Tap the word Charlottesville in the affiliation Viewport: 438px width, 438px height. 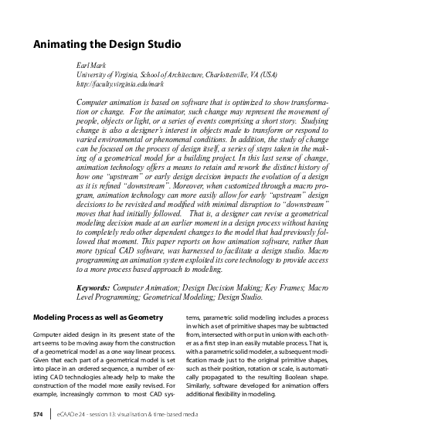[229, 75]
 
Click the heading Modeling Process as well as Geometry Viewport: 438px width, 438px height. [98, 317]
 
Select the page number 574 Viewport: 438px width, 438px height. [38, 415]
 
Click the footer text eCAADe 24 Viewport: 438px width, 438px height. [73, 415]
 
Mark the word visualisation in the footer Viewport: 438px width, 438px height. [154, 415]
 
